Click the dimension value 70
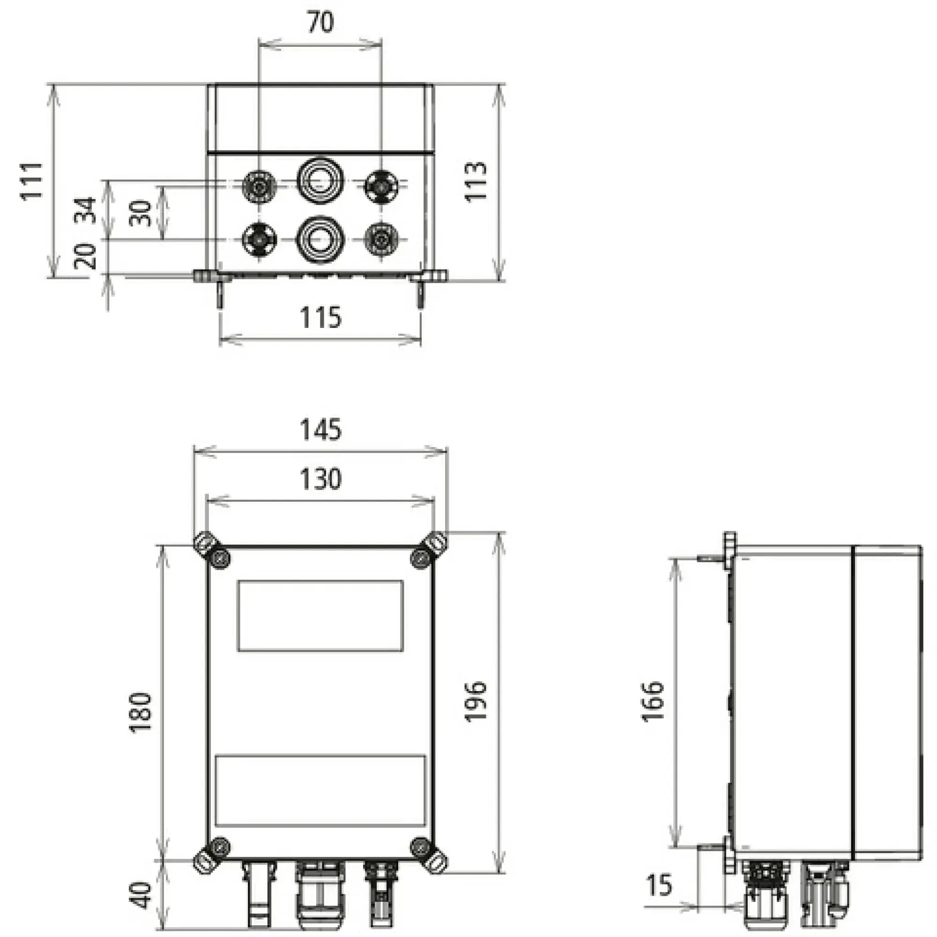pos(320,23)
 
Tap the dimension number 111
pos(31,180)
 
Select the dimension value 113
pos(476,181)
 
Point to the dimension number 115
pos(320,318)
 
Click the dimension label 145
pos(320,430)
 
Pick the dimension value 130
pos(320,479)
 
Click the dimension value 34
pos(85,210)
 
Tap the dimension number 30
pos(141,213)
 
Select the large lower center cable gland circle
pos(320,239)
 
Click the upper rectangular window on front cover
pos(320,616)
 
